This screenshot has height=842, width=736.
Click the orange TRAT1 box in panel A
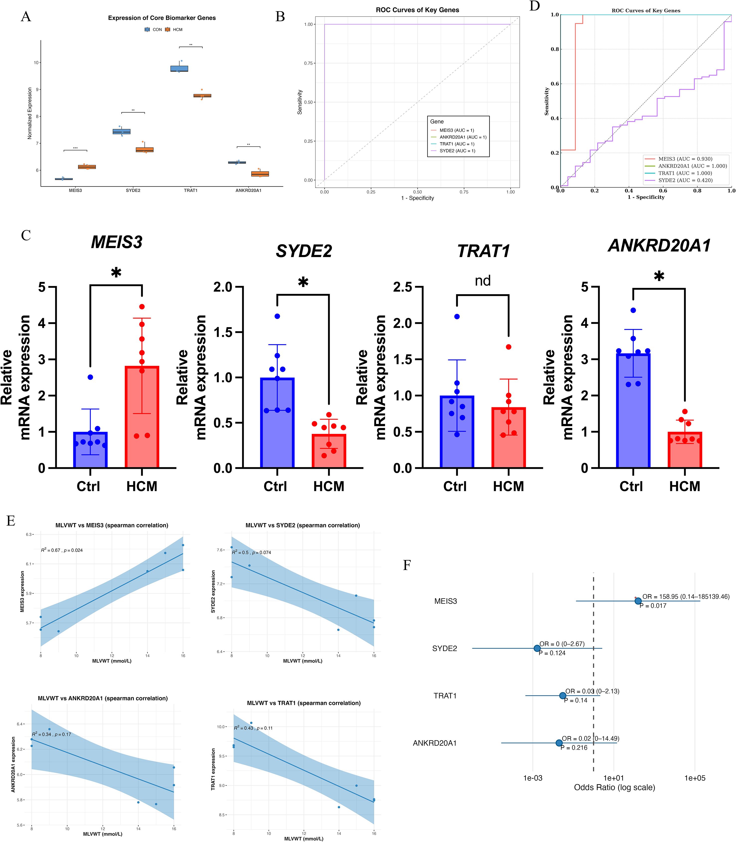tap(202, 96)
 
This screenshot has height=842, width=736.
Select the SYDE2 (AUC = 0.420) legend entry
tap(685, 180)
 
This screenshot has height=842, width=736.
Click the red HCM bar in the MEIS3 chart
tap(142, 417)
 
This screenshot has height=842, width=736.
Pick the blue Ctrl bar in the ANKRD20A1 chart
tap(633, 411)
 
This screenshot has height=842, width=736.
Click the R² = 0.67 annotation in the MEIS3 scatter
tap(62, 550)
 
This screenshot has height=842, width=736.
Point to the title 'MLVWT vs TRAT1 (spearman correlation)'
tap(304, 703)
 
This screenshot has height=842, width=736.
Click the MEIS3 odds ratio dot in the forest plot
tap(638, 601)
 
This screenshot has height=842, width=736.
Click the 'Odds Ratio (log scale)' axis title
tap(614, 787)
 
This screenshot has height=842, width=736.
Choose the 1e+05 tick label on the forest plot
tap(695, 778)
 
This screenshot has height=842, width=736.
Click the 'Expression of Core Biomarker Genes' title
tap(162, 18)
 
